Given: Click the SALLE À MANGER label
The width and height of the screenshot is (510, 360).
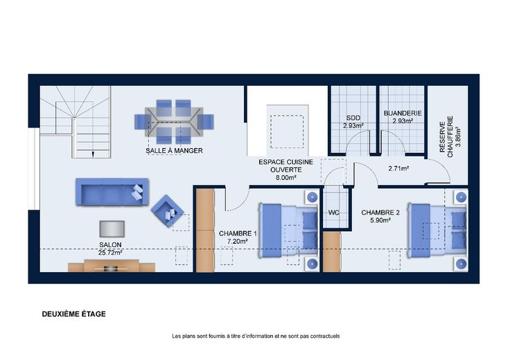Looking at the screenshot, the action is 174,151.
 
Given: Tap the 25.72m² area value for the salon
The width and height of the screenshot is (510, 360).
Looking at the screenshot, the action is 110,252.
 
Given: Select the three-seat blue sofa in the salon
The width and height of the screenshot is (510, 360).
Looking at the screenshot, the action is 112,192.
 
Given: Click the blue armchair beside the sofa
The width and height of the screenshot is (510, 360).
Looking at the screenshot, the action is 167,210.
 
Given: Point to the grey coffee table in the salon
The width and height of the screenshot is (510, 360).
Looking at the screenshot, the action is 112,229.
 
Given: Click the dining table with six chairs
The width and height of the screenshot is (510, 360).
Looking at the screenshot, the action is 174,122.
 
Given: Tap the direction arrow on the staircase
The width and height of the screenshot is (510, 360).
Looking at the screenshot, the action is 93,154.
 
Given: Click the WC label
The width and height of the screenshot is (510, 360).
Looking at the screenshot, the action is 334,213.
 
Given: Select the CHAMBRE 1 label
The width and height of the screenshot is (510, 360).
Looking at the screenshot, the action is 238,233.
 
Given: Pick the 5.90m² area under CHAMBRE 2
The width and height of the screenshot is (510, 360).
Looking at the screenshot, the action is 380,220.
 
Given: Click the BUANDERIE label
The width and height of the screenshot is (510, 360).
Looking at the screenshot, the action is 403,114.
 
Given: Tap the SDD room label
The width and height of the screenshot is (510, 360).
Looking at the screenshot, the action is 353,118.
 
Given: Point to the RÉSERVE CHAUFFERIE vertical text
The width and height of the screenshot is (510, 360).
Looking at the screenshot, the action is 446,137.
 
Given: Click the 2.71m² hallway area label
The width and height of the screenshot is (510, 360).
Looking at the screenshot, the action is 398,169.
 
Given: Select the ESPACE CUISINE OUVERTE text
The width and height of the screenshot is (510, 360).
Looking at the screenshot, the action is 286,165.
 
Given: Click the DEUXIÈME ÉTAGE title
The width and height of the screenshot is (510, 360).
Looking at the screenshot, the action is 74,314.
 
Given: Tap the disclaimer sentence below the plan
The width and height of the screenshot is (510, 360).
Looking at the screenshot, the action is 256,336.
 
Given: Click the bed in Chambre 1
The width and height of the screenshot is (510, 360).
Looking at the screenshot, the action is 288,231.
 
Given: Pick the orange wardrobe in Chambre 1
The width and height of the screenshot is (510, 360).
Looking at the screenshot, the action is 205,231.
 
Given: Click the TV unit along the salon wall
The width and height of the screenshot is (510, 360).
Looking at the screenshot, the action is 112,265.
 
